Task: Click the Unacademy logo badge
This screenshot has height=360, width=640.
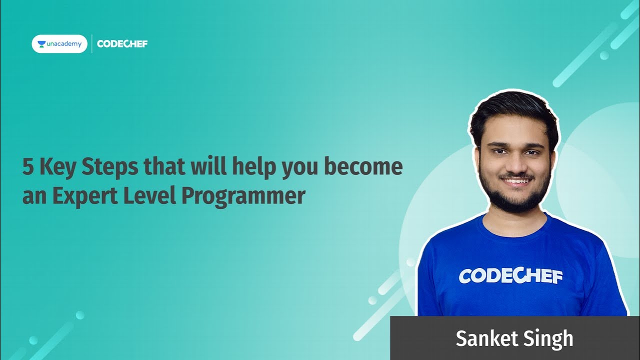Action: click(x=59, y=44)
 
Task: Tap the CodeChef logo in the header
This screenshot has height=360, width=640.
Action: click(x=122, y=44)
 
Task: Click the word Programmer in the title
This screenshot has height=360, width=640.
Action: click(x=242, y=196)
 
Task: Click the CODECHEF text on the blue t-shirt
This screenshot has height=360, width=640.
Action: click(x=510, y=276)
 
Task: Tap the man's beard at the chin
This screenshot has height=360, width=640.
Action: click(x=516, y=201)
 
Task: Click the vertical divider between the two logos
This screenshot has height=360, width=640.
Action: click(x=92, y=44)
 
